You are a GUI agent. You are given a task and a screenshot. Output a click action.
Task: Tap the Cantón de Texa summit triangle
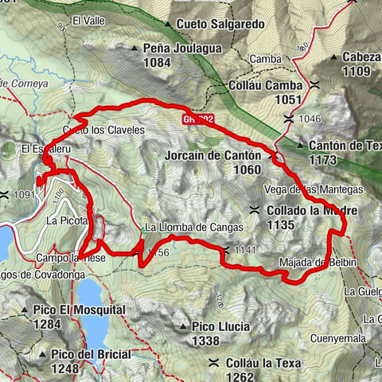pyautogui.click(x=300, y=145)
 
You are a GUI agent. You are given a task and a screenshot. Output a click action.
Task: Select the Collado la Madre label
pyautogui.click(x=312, y=211)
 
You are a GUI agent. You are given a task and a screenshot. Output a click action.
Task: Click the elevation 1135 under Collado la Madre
pyautogui.click(x=283, y=225)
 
